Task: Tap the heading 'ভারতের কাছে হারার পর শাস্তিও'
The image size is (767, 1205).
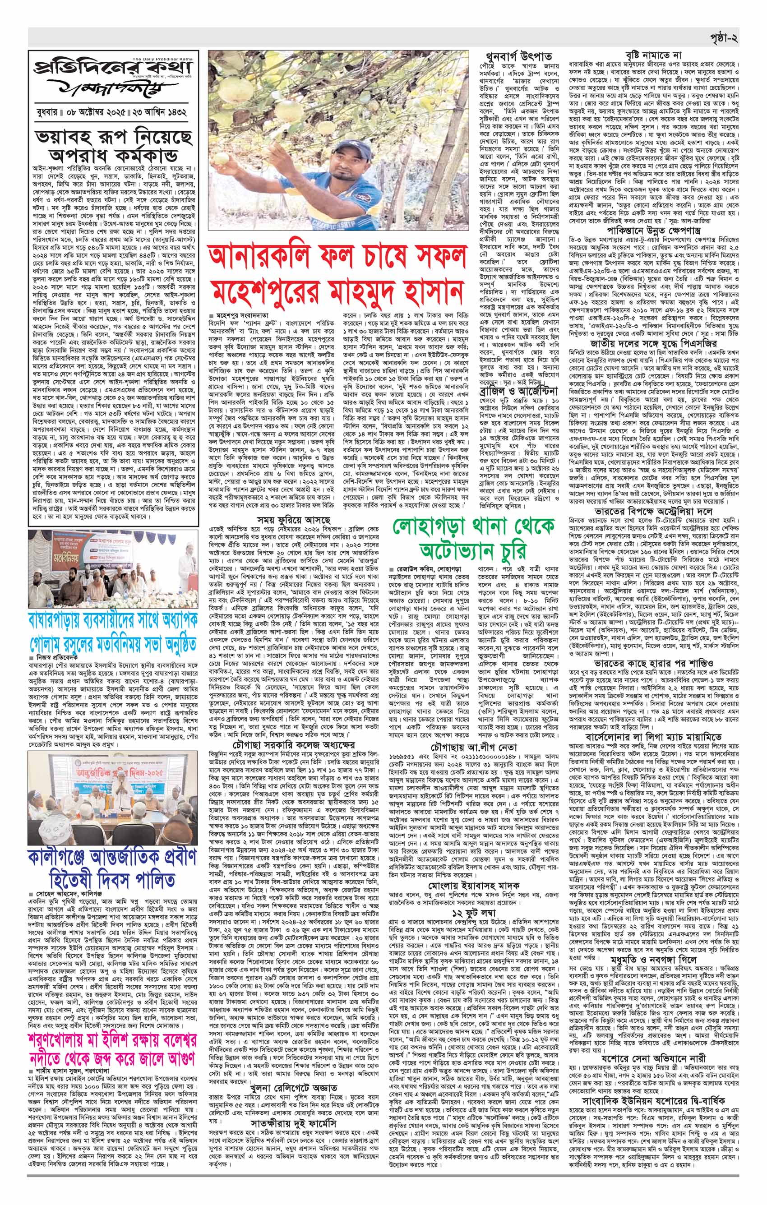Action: click(656, 634)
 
